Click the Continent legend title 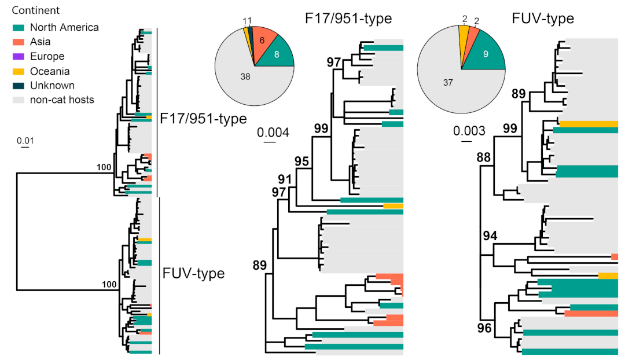pos(36,10)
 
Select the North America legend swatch pos(19,28)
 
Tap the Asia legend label pos(41,42)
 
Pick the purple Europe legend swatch pos(19,57)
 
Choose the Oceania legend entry pos(50,71)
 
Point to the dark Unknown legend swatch pos(19,86)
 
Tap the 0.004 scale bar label pos(274,133)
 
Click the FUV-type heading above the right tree pos(543,19)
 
